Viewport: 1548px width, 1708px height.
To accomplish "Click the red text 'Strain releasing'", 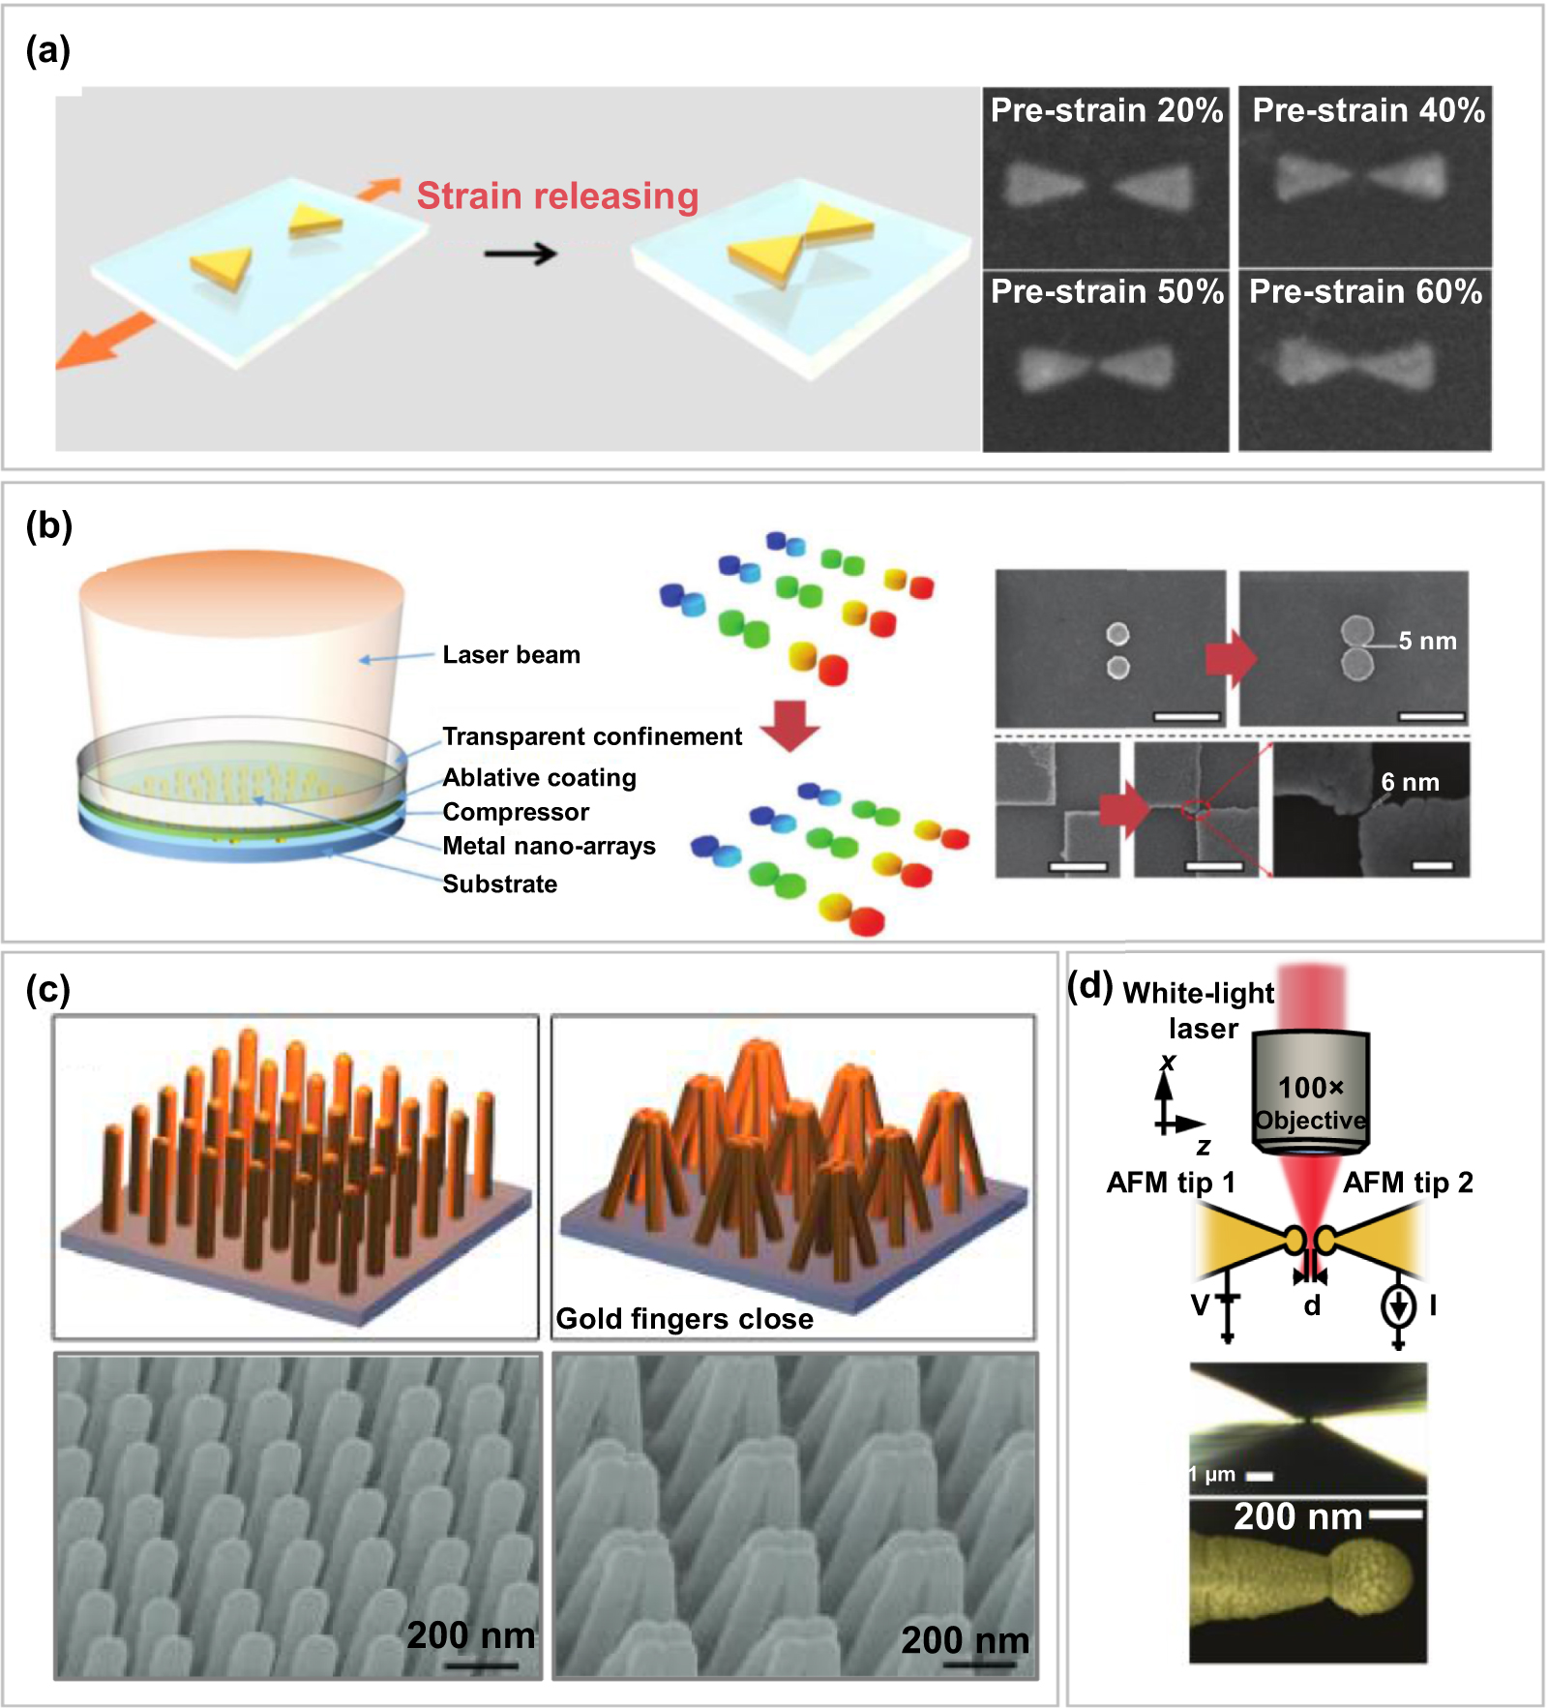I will pos(557,195).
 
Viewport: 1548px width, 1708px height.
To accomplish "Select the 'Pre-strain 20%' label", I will pos(1106,110).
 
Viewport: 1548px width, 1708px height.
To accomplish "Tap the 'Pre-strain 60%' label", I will pos(1365,291).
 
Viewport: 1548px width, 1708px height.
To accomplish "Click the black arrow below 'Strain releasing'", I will pos(521,255).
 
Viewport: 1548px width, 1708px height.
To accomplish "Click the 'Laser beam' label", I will pos(511,655).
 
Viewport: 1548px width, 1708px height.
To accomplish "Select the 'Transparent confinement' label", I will pos(591,736).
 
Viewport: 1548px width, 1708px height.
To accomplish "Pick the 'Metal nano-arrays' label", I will pos(549,846).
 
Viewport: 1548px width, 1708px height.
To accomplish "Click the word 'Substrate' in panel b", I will pos(499,884).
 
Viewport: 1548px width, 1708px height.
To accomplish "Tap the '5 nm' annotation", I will pos(1427,641).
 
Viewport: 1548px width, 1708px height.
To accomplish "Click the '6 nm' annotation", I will pos(1410,782).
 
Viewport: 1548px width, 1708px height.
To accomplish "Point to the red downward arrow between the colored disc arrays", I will pos(790,726).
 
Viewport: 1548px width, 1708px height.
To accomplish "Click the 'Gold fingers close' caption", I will pos(684,1319).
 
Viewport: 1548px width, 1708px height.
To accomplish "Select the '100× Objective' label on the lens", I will pos(1310,1104).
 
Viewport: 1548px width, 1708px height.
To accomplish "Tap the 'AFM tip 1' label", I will pos(1170,1183).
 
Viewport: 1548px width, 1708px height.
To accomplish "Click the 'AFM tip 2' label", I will pos(1407,1183).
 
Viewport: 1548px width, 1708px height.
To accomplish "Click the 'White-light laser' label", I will pos(1200,1009).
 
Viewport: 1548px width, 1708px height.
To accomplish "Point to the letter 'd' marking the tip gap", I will pos(1311,1306).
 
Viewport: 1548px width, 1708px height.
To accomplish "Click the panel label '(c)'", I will pos(47,989).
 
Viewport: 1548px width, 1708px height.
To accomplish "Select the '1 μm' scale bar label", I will pos(1212,1475).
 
